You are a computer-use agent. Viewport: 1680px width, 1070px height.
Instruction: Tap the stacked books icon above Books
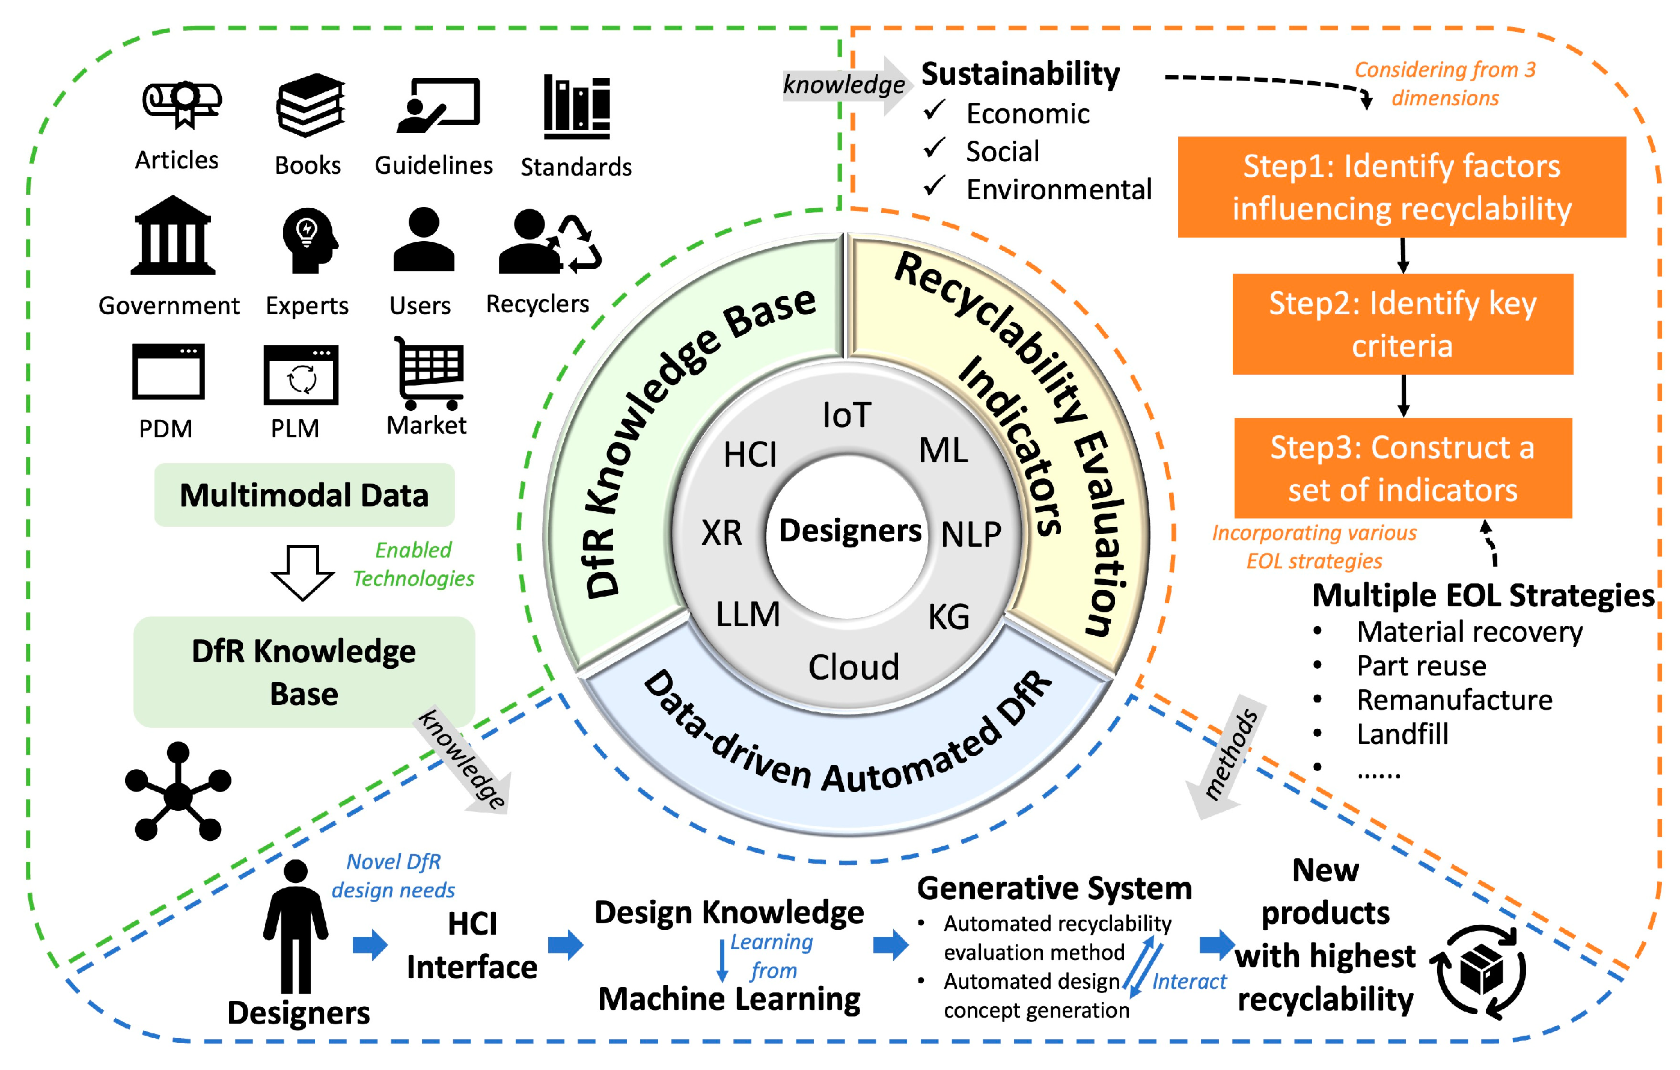tap(311, 105)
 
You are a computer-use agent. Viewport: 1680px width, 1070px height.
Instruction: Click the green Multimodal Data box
tap(304, 495)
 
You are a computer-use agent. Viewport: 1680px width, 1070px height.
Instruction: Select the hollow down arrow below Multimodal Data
tap(303, 573)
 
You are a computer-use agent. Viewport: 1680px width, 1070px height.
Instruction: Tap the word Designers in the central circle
tap(849, 530)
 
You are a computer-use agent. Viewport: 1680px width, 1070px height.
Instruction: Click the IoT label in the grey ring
tap(846, 415)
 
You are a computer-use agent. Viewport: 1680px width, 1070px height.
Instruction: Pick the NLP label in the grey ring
tap(971, 535)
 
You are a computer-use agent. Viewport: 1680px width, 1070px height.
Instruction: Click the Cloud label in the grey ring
tap(854, 667)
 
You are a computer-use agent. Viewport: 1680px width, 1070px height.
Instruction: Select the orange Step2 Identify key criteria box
tap(1402, 325)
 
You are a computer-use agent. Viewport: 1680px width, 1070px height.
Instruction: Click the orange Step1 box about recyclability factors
tap(1402, 187)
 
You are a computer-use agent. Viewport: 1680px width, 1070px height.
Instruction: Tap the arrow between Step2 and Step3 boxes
tap(1403, 396)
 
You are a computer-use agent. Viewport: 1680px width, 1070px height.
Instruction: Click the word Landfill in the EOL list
tap(1402, 734)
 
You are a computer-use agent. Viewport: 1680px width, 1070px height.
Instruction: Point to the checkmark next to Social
tap(934, 148)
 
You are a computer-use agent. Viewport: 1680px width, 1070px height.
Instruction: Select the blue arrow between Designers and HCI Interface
tap(370, 945)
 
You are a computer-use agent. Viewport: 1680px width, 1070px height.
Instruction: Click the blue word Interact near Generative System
tap(1188, 982)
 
